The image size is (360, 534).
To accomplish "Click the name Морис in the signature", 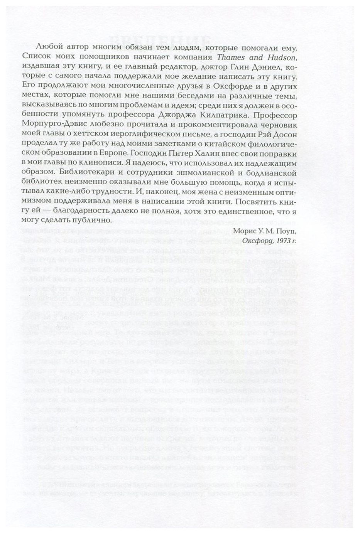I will pos(243,231).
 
